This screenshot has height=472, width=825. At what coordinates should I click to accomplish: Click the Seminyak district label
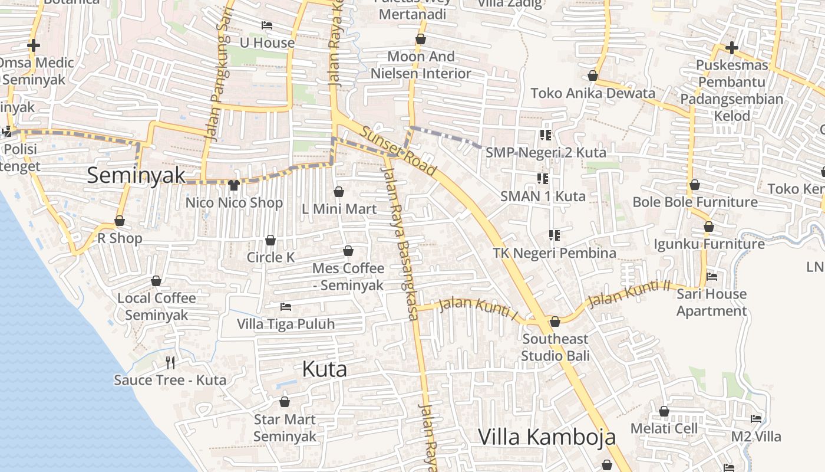click(136, 175)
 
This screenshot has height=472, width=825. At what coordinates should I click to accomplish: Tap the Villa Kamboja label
click(546, 437)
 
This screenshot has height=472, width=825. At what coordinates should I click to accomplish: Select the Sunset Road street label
click(399, 152)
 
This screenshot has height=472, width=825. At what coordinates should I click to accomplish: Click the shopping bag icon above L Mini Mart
click(339, 192)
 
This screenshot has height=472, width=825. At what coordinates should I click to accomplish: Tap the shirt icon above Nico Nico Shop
click(233, 185)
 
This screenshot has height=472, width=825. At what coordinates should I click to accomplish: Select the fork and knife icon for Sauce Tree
click(170, 362)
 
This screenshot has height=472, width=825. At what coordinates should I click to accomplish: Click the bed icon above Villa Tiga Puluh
click(286, 307)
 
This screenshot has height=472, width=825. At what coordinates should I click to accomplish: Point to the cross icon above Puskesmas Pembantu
click(732, 47)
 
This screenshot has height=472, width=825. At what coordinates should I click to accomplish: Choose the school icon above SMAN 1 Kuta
click(543, 178)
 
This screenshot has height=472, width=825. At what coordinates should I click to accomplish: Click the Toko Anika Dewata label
click(593, 93)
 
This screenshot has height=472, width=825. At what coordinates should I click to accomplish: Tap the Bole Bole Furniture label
click(695, 202)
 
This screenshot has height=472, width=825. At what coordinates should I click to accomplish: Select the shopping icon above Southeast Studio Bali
click(555, 322)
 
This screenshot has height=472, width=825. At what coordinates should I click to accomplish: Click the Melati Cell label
click(664, 428)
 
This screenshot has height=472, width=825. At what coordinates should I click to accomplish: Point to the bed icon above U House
click(267, 25)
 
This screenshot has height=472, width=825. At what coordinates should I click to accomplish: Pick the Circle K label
click(270, 257)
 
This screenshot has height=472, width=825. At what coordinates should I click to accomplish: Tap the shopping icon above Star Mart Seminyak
click(285, 402)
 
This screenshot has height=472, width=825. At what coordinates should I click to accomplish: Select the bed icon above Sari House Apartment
click(712, 276)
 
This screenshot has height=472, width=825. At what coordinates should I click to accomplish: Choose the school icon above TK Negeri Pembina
click(555, 235)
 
